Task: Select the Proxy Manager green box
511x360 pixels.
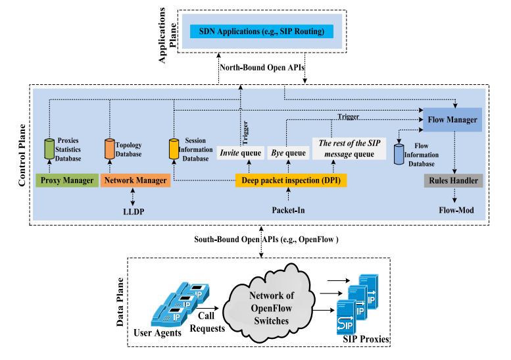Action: pyautogui.click(x=66, y=180)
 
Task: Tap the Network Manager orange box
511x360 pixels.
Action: pyautogui.click(x=134, y=180)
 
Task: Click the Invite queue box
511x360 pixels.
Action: pyautogui.click(x=240, y=153)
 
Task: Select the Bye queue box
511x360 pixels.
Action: pyautogui.click(x=288, y=153)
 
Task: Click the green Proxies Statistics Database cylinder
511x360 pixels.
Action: pyautogui.click(x=48, y=149)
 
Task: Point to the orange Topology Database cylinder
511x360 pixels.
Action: pyautogui.click(x=110, y=149)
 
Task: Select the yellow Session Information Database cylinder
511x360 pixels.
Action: pyautogui.click(x=174, y=149)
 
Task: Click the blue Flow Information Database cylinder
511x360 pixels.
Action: pyautogui.click(x=399, y=155)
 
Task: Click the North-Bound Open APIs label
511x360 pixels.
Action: pyautogui.click(x=261, y=68)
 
